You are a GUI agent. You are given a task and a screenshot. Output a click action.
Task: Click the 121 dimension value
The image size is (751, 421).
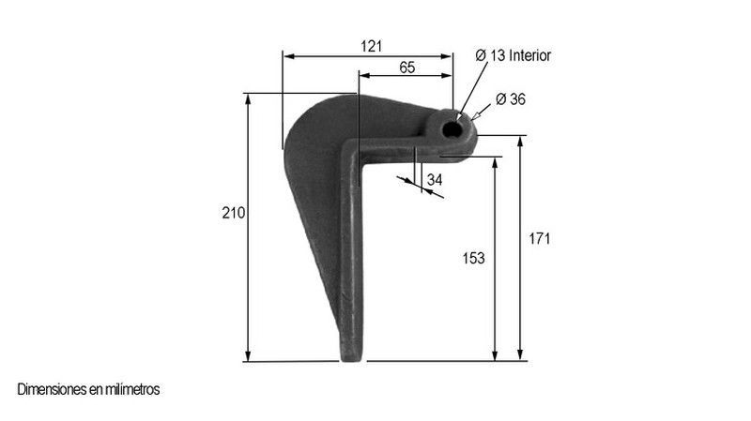371,46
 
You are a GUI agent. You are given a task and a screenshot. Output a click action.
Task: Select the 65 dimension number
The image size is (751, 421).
407,68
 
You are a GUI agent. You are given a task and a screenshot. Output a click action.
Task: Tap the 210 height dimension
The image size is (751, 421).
233,213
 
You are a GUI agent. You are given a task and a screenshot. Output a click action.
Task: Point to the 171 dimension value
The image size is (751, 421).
539,238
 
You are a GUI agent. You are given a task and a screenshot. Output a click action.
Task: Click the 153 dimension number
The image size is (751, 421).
473,259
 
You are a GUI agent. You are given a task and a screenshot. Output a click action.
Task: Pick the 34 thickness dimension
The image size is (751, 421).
435,180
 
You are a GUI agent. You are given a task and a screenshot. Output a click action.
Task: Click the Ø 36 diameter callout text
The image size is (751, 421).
511,99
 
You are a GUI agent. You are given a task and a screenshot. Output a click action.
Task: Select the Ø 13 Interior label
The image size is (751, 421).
513,55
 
